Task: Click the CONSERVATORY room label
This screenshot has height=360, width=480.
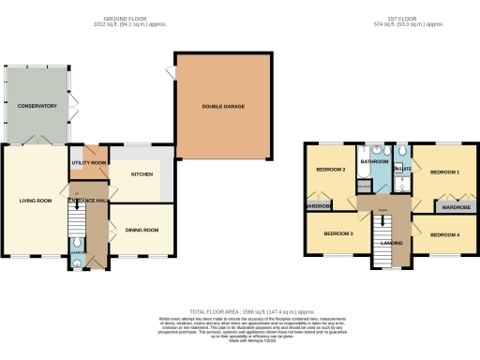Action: [x=37, y=106]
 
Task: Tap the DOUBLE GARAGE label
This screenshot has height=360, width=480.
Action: [x=222, y=106]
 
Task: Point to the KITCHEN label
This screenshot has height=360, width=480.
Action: [x=142, y=174]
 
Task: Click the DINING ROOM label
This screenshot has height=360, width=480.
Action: [x=142, y=230]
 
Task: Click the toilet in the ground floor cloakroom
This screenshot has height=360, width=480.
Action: [x=76, y=264]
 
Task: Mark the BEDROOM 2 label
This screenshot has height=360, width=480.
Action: [x=330, y=170]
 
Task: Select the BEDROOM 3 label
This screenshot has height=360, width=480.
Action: [x=337, y=232]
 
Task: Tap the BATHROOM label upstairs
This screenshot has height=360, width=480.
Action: [x=376, y=162]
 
